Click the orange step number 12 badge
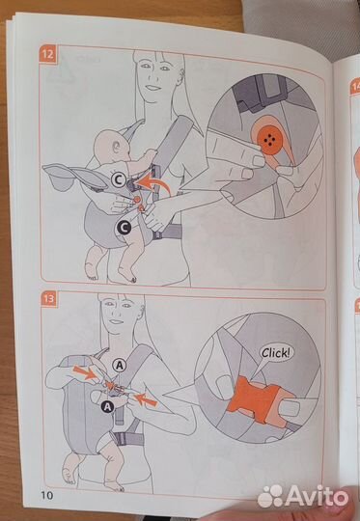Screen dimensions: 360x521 (48, 53)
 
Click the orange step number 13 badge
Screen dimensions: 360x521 (49, 299)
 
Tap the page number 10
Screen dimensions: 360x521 (46, 495)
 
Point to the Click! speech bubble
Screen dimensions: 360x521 (278, 353)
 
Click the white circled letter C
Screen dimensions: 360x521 (119, 180)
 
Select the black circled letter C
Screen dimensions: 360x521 (124, 229)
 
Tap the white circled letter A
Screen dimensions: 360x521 (120, 366)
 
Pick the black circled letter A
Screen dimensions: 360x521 (107, 406)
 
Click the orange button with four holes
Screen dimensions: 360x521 (270, 141)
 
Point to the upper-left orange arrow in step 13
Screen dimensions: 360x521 (84, 372)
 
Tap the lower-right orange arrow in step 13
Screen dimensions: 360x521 (147, 399)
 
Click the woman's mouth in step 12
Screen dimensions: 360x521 (153, 88)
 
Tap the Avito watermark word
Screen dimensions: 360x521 (317, 496)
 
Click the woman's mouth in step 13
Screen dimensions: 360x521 (116, 321)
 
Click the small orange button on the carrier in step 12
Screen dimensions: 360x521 (136, 200)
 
